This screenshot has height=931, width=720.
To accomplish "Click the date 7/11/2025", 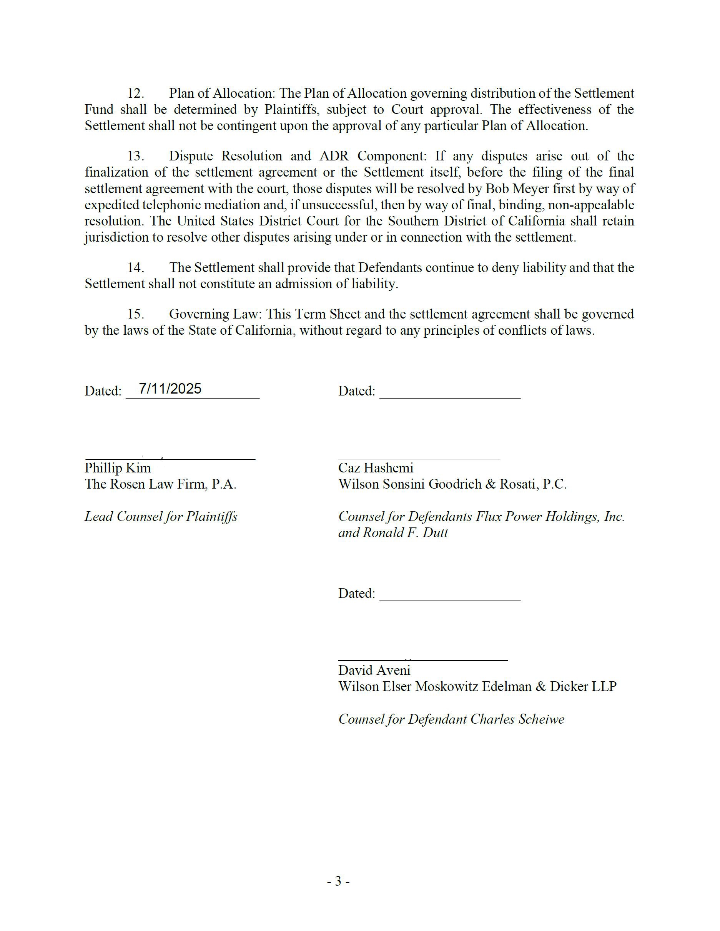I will coord(170,389).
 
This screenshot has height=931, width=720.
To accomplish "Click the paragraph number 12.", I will coord(136,93).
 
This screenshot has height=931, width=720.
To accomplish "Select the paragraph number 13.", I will coord(136,156).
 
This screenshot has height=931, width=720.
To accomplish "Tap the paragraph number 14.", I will coord(136,268).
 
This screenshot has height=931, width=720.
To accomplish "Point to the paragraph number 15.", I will coord(136,314).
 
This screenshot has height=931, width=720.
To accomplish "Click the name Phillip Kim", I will coord(118,468).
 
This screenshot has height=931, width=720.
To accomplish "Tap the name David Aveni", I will coord(374,671).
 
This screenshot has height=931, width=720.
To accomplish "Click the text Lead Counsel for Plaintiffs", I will coord(161,517).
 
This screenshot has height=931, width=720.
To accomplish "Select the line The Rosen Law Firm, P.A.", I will coord(160,484).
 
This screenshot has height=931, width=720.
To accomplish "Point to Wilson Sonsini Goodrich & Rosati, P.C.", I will coord(452,484).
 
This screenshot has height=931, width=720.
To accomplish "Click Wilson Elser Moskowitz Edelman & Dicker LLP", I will coord(477,687).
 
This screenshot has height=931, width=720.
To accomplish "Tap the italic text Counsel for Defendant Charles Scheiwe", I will coord(451,719).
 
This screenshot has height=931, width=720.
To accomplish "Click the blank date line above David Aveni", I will coord(450,600).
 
